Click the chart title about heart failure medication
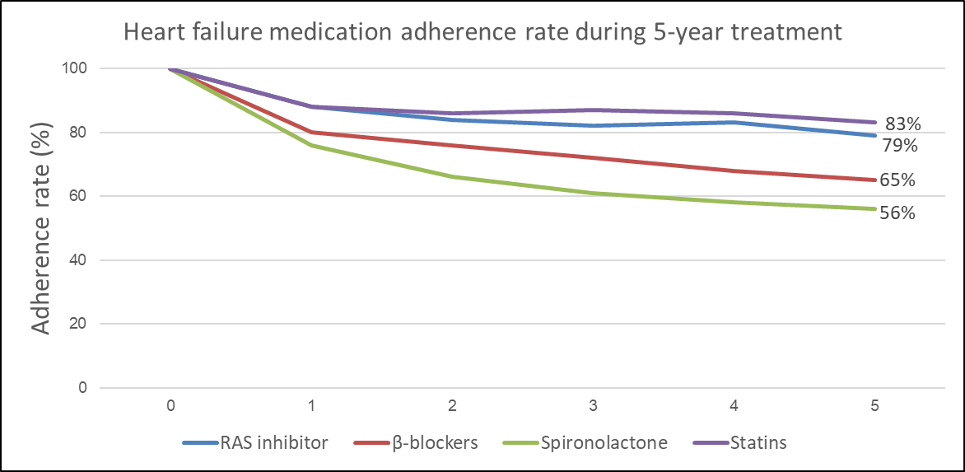tap(482, 32)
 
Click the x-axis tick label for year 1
tap(311, 406)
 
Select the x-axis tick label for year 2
tap(452, 406)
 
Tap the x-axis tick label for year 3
tap(593, 406)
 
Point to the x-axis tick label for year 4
tap(734, 406)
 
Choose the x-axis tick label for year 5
tap(875, 406)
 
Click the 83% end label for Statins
tap(902, 124)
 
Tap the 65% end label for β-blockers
tap(898, 180)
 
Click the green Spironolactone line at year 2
tap(452, 176)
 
